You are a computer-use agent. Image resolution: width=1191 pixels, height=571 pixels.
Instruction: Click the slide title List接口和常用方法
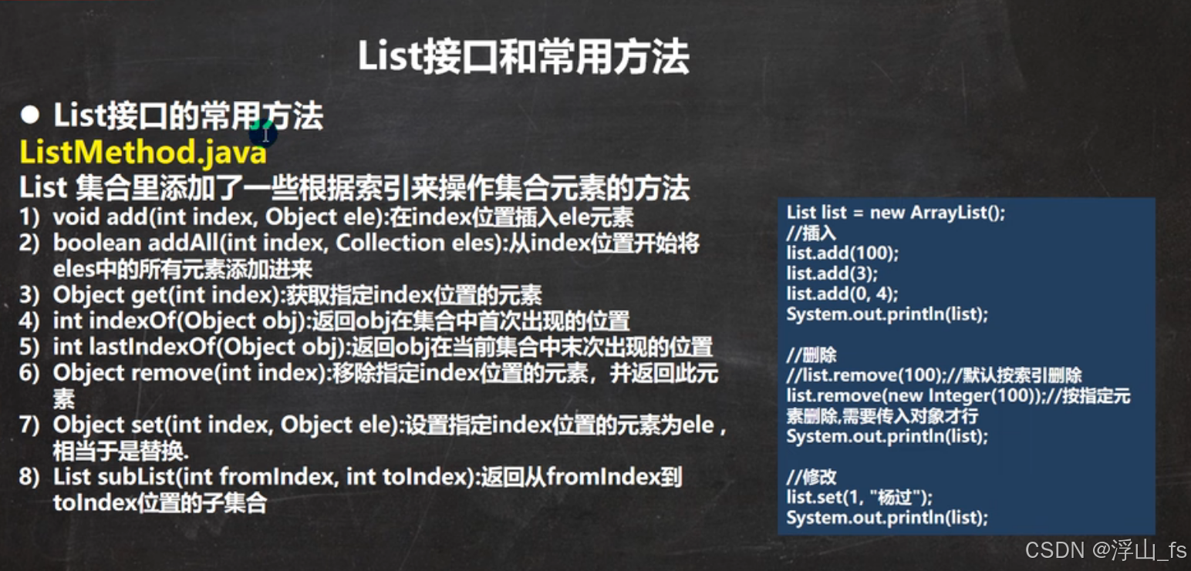click(523, 58)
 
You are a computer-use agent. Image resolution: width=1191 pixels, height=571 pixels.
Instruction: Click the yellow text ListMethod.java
click(143, 153)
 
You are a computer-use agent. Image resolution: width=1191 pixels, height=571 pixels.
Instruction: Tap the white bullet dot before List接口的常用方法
click(30, 116)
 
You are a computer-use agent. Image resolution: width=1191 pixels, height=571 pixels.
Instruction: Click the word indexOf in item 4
click(117, 321)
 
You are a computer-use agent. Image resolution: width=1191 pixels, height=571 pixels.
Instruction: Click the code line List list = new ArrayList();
click(896, 213)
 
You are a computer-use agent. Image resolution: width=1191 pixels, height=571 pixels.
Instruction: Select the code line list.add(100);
click(842, 253)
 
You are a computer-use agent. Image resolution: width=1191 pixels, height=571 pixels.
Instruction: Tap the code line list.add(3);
click(832, 273)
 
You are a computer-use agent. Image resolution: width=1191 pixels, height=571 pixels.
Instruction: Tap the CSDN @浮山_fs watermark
click(1105, 549)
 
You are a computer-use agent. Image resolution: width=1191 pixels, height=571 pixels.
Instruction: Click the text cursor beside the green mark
click(265, 135)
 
